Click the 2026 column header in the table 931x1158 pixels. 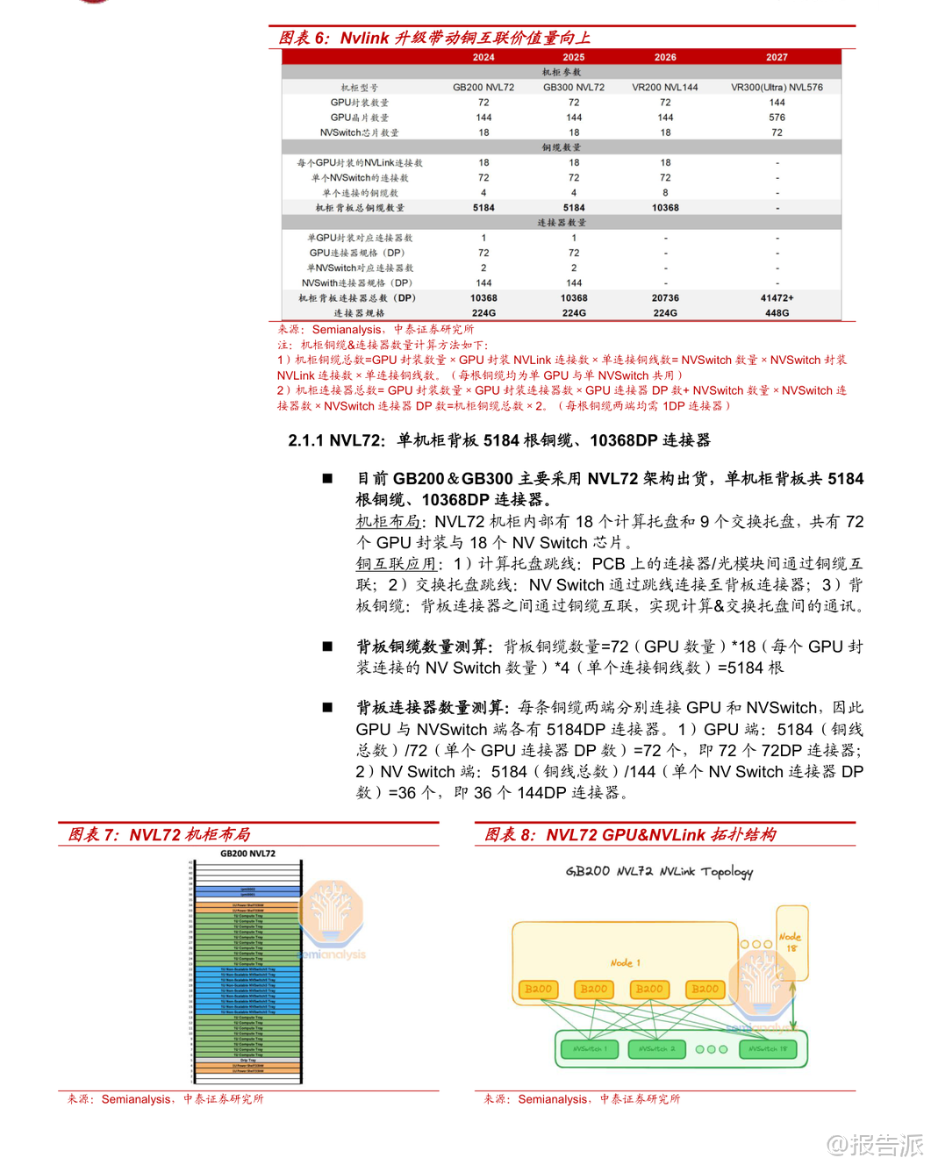[665, 57]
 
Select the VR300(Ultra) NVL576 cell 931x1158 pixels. [777, 88]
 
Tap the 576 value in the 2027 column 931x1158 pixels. [777, 118]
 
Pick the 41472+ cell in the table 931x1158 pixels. [777, 298]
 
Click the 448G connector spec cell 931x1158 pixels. [777, 313]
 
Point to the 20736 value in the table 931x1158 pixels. [665, 298]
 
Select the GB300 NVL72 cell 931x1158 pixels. [574, 88]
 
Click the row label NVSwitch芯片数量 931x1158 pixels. [359, 133]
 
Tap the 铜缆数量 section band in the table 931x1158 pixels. [562, 147]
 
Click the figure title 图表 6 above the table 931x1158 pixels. [304, 39]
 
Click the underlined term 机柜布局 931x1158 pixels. [388, 522]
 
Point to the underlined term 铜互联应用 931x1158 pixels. [396, 564]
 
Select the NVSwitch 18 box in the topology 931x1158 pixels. [769, 1049]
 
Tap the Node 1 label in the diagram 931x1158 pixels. [626, 963]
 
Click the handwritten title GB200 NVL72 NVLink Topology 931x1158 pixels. [659, 871]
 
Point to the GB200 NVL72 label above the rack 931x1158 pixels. [247, 854]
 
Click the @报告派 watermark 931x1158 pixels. [875, 1144]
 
